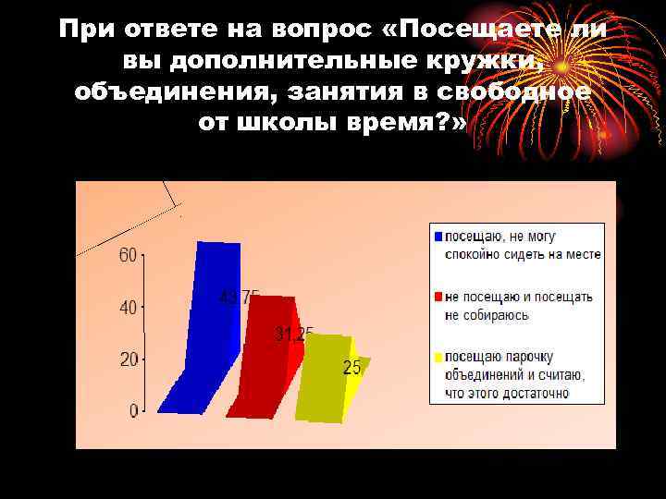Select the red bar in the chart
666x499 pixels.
pyautogui.click(x=265, y=360)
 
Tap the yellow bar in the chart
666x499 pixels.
pyautogui.click(x=324, y=379)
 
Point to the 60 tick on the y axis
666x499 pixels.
pyautogui.click(x=128, y=256)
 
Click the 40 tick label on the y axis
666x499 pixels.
pyautogui.click(x=128, y=307)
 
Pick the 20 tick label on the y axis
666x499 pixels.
pyautogui.click(x=128, y=359)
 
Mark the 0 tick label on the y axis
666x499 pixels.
pyautogui.click(x=133, y=409)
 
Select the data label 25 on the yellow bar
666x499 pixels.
pyautogui.click(x=352, y=368)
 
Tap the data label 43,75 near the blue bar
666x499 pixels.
pyautogui.click(x=240, y=298)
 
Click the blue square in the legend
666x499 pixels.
pyautogui.click(x=438, y=236)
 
